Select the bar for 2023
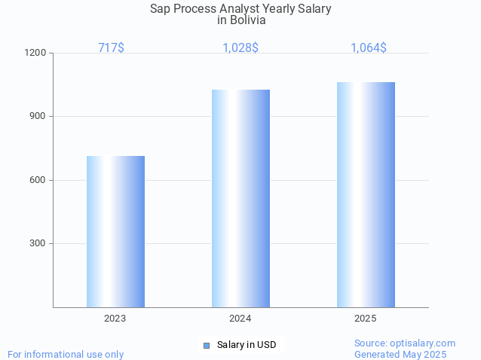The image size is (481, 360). pos(115,231)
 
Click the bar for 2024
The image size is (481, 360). pos(240,198)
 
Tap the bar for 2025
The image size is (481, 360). pos(366,194)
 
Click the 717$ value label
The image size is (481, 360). pos(111,47)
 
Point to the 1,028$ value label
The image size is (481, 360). pos(240,47)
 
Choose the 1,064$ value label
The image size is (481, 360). pos(369,47)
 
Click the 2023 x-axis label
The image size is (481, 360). pos(115,319)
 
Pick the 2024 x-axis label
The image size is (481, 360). pos(240,319)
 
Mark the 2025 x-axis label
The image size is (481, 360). pos(366,319)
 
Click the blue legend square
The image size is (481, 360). pos(206,345)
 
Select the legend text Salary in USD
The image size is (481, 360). pos(247,345)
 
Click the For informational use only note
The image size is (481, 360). pos(66,354)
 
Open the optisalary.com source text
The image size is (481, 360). pos(405,343)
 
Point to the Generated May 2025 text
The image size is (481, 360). pos(400,354)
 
